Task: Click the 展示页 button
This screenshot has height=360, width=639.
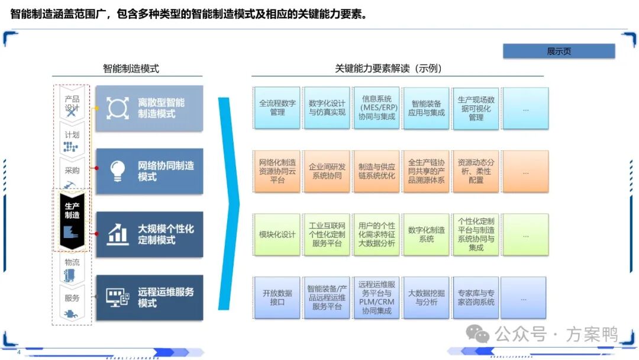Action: point(559,52)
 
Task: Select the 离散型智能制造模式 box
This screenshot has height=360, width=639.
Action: point(149,108)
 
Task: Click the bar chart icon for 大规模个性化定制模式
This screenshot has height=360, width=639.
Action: point(118,234)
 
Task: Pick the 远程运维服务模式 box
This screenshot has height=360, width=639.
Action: point(149,297)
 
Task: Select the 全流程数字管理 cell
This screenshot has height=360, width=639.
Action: point(277,108)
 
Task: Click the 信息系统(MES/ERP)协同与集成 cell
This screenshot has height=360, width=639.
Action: point(376,108)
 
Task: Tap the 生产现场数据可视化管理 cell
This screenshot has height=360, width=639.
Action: point(476,108)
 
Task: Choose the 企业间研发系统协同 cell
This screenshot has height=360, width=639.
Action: point(327,171)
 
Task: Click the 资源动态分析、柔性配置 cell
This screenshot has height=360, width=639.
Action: point(476,171)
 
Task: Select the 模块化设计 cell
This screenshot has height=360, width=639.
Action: point(277,234)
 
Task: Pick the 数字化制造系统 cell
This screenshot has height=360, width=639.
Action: point(426,234)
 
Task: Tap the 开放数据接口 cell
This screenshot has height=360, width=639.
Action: point(277,297)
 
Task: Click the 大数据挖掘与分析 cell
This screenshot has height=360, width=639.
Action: point(426,297)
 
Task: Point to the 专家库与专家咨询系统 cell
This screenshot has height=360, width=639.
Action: point(476,297)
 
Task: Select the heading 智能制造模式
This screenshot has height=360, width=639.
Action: point(131,69)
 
